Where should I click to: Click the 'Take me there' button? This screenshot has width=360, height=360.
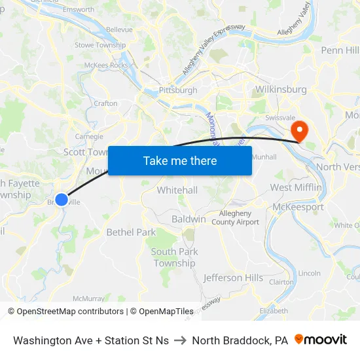pos(180,160)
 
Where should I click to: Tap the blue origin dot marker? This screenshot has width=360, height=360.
pos(61,199)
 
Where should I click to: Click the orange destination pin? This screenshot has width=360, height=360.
pos(300,130)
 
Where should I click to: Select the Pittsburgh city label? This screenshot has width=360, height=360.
pos(177,90)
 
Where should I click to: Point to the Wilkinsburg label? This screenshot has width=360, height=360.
pos(280,88)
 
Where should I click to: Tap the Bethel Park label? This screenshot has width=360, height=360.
pos(131,232)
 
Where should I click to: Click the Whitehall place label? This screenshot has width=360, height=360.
pos(177,190)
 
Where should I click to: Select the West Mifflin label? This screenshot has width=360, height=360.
pos(296,188)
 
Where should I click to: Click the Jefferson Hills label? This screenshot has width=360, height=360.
pos(233,278)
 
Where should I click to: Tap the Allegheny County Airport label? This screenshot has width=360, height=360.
pos(239,218)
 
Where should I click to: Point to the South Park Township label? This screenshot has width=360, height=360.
pos(174,257)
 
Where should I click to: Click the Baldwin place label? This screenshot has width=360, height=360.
pos(189,219)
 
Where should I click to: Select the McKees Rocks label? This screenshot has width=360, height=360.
pos(106,65)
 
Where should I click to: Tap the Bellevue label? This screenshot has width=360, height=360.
pos(118,29)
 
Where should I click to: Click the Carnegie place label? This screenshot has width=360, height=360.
pos(90,136)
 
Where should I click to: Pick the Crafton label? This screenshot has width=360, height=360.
pos(105,103)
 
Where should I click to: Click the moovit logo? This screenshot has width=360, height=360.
pos(321,340)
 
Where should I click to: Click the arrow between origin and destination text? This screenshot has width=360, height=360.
pos(180,340)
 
